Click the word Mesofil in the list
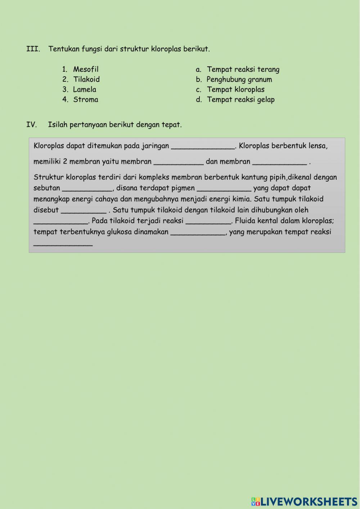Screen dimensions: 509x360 pos(86,69)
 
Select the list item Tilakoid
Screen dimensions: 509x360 pos(86,79)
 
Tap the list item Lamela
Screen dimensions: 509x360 pos(85,89)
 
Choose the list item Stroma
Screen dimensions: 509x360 pos(86,99)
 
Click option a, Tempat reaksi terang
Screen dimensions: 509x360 pos(243,69)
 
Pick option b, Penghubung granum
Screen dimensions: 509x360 pos(239,79)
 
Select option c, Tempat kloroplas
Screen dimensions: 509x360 pos(236,89)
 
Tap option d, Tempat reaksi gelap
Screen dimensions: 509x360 pos(240,99)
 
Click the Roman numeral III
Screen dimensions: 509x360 pos(33,49)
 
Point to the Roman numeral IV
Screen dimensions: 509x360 pos(32,125)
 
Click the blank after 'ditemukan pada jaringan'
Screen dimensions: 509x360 pos(203,146)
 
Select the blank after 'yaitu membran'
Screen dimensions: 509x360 pos(179,162)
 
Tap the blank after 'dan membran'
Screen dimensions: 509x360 pos(280,162)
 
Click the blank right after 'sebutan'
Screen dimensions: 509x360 pos(87,188)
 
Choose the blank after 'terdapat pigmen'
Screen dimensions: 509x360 pos(224,188)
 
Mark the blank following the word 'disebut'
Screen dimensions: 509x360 pos(84,210)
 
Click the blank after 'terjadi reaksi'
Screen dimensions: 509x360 pos(208,221)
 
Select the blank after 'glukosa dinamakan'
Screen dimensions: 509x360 pos(198,232)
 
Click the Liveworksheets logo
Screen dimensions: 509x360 pos(304,501)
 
